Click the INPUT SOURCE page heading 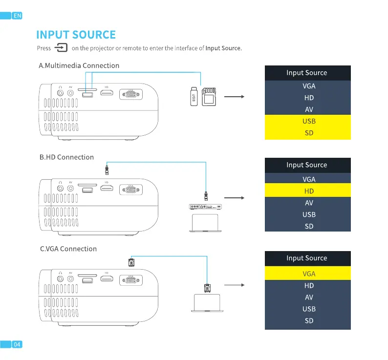point(76,35)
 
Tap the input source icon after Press point(61,47)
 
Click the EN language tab point(17,16)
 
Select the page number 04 point(17,344)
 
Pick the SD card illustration point(209,96)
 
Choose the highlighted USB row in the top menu point(308,121)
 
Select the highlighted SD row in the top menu point(308,133)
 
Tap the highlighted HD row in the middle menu point(308,191)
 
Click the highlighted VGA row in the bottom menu point(308,274)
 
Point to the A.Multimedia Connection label point(79,65)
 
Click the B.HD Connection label point(66,157)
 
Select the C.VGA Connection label point(68,249)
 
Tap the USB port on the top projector point(88,94)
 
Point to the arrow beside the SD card point(233,97)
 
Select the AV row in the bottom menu point(308,297)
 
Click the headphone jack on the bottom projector point(60,280)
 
